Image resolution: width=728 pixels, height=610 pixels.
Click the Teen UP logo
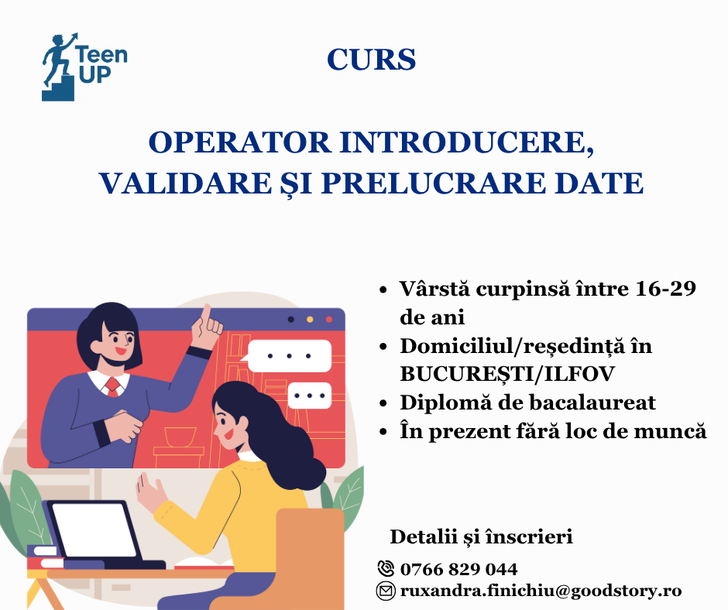point(84,67)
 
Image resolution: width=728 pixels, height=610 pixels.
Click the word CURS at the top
point(372,60)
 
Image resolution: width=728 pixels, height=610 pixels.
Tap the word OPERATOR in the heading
point(239,142)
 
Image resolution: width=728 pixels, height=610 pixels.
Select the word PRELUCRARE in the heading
point(434,183)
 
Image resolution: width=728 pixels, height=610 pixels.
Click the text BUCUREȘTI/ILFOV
point(507,374)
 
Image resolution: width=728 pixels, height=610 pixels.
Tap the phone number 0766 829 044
point(458,569)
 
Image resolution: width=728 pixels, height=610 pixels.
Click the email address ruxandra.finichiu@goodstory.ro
point(541,591)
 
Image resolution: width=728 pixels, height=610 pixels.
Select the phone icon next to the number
point(386,569)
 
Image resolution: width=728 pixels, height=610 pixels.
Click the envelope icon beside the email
point(386,591)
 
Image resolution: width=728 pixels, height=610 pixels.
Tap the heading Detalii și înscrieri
point(481,536)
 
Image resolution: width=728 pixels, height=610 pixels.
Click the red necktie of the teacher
point(113,386)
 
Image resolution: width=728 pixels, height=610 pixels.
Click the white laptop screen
point(94,529)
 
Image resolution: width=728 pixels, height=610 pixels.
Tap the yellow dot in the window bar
point(310,320)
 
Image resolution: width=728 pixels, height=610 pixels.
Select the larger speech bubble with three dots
point(288,356)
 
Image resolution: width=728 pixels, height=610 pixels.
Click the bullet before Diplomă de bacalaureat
point(383,403)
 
